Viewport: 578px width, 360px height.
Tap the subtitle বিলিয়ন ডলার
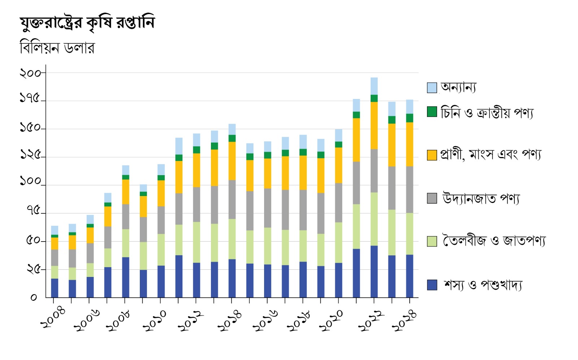tap(57, 48)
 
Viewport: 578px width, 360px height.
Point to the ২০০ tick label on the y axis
tap(30, 73)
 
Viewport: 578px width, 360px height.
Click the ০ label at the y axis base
tap(34, 298)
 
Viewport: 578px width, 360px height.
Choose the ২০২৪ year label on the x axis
tap(405, 320)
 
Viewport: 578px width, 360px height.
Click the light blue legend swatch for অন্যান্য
tap(432, 88)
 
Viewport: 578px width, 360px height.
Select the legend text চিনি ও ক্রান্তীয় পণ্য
tap(487, 113)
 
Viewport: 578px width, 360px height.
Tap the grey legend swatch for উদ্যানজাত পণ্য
tap(432, 198)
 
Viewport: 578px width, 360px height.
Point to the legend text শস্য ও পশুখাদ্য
tap(483, 285)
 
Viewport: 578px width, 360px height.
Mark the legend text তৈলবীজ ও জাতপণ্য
tap(494, 241)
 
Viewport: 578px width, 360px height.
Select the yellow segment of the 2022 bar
tap(374, 125)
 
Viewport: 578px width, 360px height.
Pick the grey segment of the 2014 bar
tap(232, 199)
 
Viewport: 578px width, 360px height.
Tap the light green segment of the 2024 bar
tap(409, 234)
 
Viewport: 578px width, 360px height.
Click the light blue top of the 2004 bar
tap(55, 230)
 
